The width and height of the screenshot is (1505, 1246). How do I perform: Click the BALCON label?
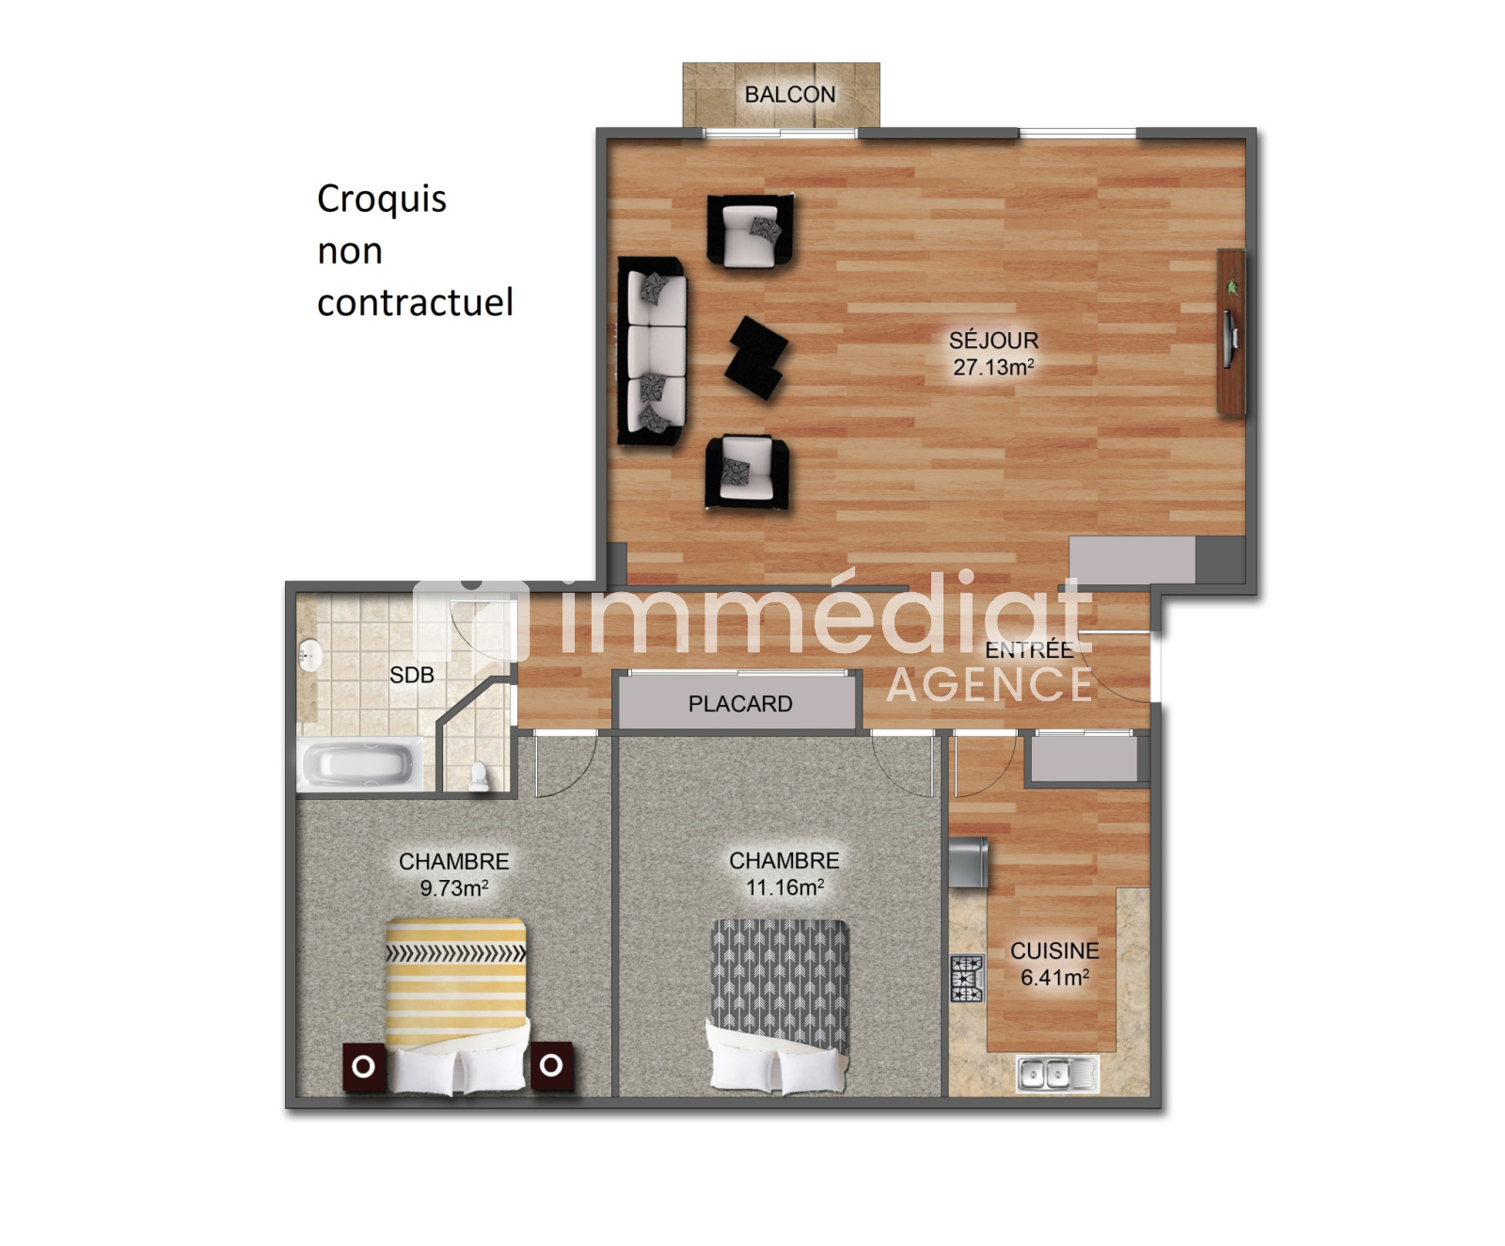(789, 94)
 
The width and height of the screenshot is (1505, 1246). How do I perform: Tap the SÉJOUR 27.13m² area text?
(993, 354)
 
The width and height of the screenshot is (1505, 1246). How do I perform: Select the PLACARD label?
(740, 704)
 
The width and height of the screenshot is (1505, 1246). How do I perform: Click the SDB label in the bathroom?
(412, 675)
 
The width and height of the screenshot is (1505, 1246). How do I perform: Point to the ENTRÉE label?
(1029, 649)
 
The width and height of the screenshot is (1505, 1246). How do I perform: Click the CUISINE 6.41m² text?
(1054, 965)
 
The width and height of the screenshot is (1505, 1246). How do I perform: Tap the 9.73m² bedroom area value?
(453, 887)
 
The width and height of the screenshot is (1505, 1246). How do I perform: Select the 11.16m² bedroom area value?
(784, 887)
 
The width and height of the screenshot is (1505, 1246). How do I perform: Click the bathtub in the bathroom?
(361, 764)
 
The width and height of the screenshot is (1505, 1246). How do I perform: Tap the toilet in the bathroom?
(479, 776)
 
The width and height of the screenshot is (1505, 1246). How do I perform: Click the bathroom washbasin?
(310, 656)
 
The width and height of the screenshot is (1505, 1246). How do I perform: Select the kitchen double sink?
(1057, 1074)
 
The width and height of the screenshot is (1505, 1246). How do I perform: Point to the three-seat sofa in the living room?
(653, 350)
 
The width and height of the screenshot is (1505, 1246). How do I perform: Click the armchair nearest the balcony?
(750, 232)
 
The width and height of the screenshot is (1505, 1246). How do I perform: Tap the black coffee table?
(756, 358)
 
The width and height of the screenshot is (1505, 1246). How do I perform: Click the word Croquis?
(382, 200)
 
